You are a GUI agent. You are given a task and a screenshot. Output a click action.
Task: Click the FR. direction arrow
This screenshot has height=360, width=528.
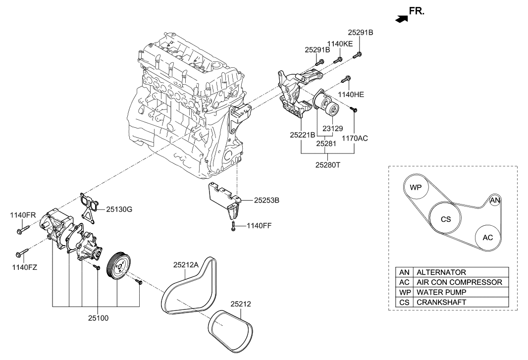pyautogui.click(x=401, y=18)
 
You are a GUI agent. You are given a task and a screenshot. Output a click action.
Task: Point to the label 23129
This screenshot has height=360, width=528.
pyautogui.click(x=332, y=128)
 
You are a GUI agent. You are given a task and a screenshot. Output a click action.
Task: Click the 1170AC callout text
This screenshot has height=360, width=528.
pyautogui.click(x=355, y=139)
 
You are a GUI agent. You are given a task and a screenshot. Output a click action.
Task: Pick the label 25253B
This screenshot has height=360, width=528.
pyautogui.click(x=267, y=201)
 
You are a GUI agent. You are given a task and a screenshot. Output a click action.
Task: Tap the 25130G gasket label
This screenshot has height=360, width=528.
pyautogui.click(x=119, y=209)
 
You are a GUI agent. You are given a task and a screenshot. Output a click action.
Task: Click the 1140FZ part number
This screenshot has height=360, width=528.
pyautogui.click(x=24, y=267)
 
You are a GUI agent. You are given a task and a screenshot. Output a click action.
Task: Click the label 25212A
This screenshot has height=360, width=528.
pyautogui.click(x=186, y=265)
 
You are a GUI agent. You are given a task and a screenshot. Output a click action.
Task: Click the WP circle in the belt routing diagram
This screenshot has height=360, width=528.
pyautogui.click(x=415, y=188)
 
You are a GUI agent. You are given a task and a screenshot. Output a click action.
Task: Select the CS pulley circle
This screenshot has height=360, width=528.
pyautogui.click(x=446, y=219)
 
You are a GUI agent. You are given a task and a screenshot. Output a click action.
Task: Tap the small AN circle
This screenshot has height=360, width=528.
pyautogui.click(x=495, y=201)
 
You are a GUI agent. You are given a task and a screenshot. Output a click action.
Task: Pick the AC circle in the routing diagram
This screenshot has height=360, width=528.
pyautogui.click(x=488, y=237)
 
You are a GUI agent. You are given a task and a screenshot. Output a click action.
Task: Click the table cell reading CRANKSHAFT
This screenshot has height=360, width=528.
pyautogui.click(x=441, y=302)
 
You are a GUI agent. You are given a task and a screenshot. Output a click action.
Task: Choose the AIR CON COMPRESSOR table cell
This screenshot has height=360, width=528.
pyautogui.click(x=459, y=282)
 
